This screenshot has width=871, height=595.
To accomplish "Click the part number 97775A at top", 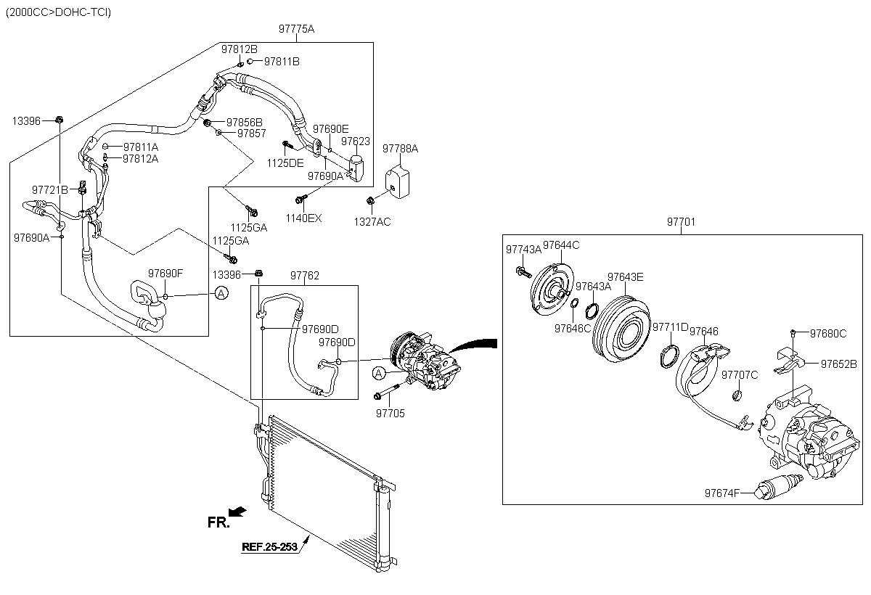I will coord(296,29).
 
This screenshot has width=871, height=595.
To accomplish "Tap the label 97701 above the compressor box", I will coord(681,222).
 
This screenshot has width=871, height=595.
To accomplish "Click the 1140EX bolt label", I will coord(303,218).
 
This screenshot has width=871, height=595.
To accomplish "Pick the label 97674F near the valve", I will coord(721,493).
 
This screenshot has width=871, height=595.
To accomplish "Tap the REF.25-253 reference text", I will coord(270,547).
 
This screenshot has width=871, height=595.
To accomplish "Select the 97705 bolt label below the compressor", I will coord(390,414).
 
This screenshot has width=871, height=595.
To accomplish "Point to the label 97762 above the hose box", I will coord(305,276).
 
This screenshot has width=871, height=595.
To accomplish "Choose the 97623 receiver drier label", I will coord(356,141).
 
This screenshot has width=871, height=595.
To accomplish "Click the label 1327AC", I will coord(372,221).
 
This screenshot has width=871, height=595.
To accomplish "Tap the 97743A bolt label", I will coord(523,249).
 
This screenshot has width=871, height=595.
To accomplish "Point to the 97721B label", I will coord(49,190).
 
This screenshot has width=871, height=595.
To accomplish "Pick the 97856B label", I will coord(244,122).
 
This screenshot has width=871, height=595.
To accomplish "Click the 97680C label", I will coord(828,334).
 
